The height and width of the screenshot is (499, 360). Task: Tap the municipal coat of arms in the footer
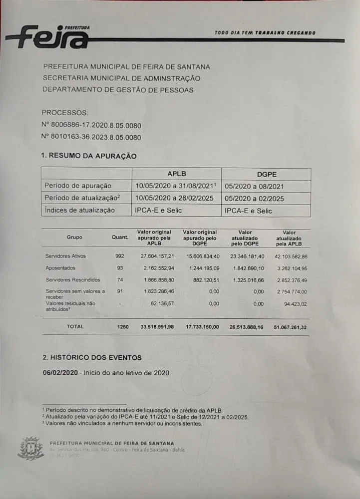30,448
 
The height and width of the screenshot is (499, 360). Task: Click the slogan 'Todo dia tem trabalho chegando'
265,33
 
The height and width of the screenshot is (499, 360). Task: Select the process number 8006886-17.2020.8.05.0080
91,125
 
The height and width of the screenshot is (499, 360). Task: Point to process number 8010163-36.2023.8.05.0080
91,137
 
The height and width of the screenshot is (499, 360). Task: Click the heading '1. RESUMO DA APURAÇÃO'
89,156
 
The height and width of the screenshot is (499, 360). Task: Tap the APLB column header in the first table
176,174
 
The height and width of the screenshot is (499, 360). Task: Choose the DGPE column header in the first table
266,174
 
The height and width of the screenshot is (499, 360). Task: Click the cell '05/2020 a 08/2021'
255,186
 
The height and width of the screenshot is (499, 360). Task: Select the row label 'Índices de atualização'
79,210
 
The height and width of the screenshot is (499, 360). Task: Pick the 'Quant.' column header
120,238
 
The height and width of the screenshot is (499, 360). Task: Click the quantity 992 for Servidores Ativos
119,256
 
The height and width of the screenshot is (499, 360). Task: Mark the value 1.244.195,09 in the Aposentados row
200,268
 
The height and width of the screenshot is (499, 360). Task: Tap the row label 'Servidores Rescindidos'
72,280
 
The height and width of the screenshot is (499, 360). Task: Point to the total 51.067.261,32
290,327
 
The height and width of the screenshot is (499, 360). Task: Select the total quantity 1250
122,327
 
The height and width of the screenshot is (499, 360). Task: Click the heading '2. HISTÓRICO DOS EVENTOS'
92,358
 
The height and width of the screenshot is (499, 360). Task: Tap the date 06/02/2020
60,373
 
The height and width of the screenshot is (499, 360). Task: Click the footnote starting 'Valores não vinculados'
123,424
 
